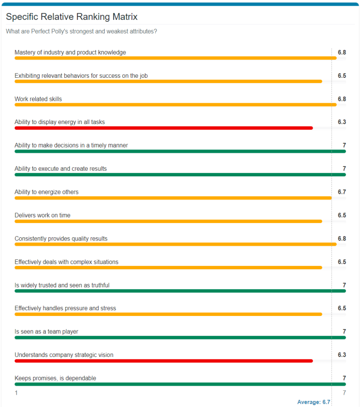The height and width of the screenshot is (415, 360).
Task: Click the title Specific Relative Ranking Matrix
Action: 72,17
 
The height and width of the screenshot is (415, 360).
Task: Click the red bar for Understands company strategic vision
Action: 163,361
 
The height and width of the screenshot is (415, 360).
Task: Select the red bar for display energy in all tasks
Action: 163,128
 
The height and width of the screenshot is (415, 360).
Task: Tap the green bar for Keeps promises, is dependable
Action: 180,384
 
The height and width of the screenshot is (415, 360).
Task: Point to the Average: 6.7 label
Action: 313,402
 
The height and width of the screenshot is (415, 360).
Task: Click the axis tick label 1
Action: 16,393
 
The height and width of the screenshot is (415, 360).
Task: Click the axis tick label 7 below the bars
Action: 344,393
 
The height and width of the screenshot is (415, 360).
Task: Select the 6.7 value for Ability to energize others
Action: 342,192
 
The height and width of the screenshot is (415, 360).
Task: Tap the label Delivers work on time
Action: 42,216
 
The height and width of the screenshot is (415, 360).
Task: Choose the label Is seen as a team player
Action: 46,332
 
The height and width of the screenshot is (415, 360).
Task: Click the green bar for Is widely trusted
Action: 180,291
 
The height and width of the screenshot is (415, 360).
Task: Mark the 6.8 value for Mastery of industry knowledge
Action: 342,52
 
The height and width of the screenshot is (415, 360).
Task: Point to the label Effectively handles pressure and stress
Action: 65,308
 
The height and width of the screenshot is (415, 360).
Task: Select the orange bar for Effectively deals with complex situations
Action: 168,267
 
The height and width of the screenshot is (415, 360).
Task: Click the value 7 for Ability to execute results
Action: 344,169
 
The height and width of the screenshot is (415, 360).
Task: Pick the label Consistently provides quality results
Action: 61,239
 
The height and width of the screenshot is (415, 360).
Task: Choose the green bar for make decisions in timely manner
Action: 180,151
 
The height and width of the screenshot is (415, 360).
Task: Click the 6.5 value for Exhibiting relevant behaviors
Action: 342,75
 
